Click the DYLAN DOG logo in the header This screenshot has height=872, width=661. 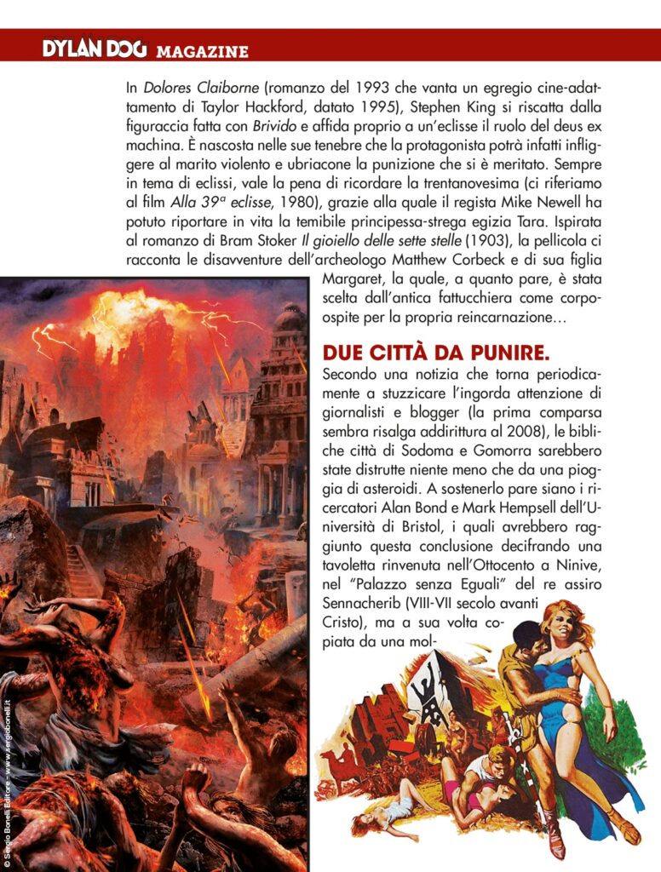click(x=96, y=49)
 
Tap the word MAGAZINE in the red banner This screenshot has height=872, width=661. click(x=202, y=52)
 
